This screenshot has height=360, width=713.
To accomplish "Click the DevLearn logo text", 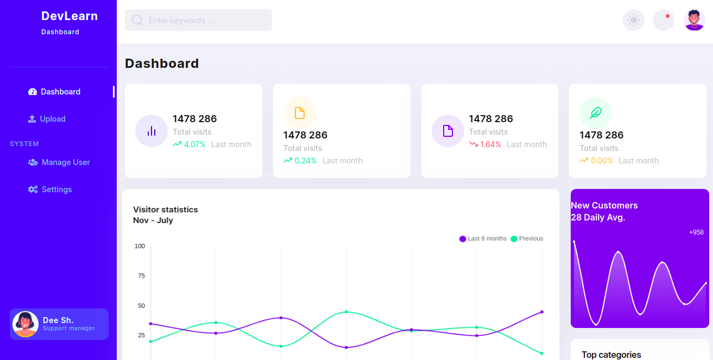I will click(x=70, y=16).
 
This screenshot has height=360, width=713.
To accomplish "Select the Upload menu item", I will click(x=53, y=119).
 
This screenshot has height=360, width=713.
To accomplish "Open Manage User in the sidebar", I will click(x=66, y=162).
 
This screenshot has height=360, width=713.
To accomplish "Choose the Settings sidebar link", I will click(x=56, y=190).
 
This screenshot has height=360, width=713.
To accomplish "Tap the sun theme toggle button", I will click(x=633, y=21).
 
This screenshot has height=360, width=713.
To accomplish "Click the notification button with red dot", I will click(x=663, y=21).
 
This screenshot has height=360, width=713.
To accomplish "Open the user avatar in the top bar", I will click(x=694, y=21).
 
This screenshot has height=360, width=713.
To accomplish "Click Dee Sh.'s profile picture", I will click(x=25, y=324).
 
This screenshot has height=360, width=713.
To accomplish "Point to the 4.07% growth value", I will click(x=194, y=144).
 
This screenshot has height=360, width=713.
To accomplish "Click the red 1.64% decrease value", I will click(x=490, y=144).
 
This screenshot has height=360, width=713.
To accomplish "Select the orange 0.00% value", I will click(x=601, y=161).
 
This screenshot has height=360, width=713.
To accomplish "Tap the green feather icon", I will click(x=596, y=113).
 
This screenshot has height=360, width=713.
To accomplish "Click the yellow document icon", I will click(x=300, y=113).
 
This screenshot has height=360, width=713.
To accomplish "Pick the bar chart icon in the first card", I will click(x=152, y=131).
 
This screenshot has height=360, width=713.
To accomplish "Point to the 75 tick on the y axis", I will click(x=141, y=276).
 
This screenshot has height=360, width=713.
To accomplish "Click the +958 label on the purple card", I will click(x=696, y=232).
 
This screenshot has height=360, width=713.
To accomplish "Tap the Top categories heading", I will click(x=611, y=355).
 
